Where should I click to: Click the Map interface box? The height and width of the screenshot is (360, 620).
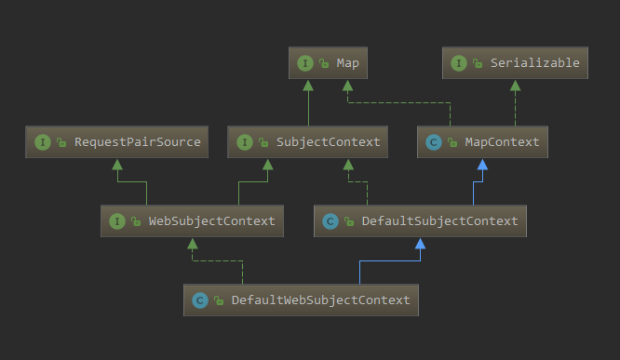click(x=329, y=63)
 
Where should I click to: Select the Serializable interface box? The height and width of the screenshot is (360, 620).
click(x=515, y=63)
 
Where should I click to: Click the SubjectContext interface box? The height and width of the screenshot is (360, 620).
click(x=308, y=142)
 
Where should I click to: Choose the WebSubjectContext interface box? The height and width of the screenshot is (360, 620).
click(x=194, y=221)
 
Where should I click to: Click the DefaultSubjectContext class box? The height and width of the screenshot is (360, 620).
click(x=420, y=221)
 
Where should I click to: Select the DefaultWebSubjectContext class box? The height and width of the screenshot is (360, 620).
click(x=301, y=300)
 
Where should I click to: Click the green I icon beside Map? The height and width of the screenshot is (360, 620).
click(x=304, y=63)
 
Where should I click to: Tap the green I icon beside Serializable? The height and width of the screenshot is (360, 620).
click(x=458, y=63)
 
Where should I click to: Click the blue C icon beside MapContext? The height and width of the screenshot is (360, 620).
click(x=433, y=142)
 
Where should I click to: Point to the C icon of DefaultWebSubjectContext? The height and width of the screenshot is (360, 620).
click(x=199, y=300)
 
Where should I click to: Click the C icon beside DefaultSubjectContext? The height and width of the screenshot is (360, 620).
click(x=330, y=221)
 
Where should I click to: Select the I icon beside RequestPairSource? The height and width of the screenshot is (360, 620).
click(x=42, y=142)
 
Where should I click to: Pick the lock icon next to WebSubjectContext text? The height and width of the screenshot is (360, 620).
click(x=137, y=221)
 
